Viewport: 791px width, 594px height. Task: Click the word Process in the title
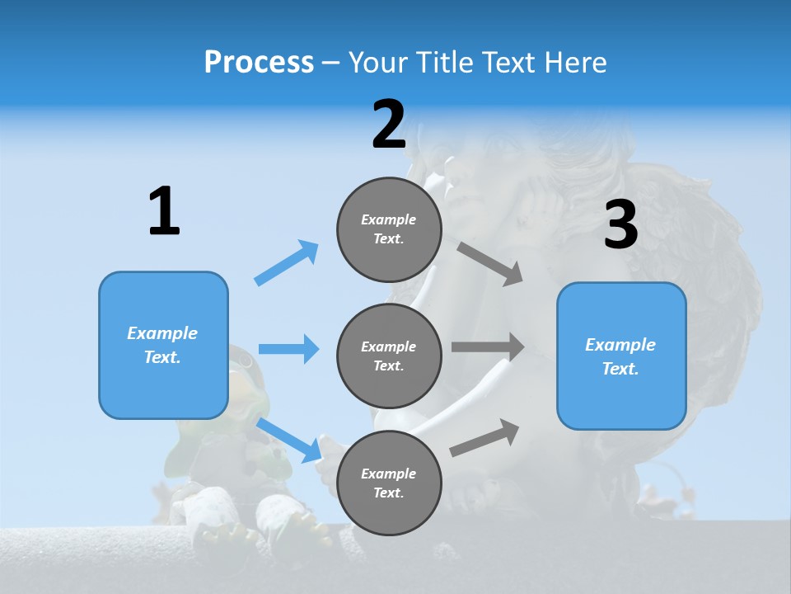point(259,62)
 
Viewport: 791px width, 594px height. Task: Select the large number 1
point(164,211)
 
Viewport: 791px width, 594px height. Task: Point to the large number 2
point(389,125)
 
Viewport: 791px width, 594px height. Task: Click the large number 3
point(620,224)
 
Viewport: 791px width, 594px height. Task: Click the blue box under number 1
point(163,345)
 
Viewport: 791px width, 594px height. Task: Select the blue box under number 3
point(621,356)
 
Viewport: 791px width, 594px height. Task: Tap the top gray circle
point(389,229)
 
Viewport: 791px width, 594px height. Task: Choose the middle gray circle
point(389,356)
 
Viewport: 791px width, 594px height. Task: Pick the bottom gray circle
point(389,483)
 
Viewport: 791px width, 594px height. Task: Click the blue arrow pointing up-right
point(287,263)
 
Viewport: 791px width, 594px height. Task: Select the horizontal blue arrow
point(288,349)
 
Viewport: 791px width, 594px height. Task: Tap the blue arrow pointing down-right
point(289,440)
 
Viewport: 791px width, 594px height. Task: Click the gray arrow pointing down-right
point(490,264)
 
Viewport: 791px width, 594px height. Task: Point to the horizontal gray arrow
point(488,347)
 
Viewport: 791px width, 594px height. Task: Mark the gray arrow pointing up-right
point(485,437)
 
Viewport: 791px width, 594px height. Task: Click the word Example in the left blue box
point(162,333)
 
